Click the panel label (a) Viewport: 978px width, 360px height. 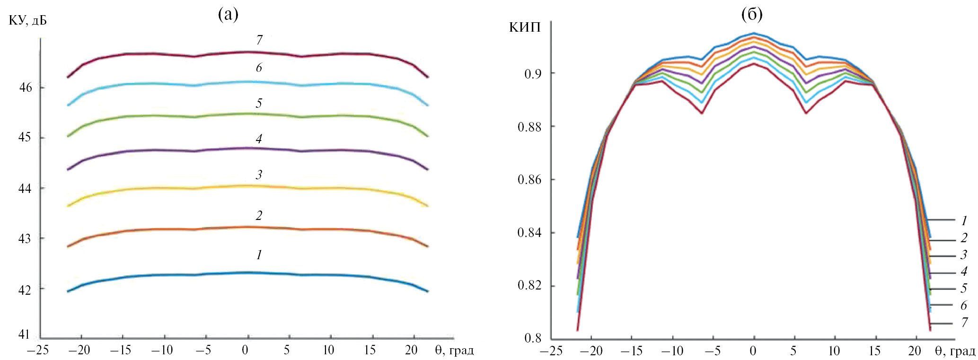[228, 15]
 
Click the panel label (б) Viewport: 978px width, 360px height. [752, 15]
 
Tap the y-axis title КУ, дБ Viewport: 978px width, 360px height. [28, 20]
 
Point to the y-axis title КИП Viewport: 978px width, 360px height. [525, 27]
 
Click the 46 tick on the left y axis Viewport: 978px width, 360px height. [26, 88]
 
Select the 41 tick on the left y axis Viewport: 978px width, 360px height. [24, 334]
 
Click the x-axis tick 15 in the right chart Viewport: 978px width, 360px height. [874, 351]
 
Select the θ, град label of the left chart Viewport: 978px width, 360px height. [454, 351]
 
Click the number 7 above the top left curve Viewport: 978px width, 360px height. [259, 40]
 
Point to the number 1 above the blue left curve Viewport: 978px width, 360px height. [259, 255]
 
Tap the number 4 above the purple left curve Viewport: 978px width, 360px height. [259, 139]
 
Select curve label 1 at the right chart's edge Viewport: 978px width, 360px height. [964, 220]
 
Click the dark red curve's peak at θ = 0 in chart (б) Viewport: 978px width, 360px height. [754, 64]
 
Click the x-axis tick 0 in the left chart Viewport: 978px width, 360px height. [245, 351]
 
